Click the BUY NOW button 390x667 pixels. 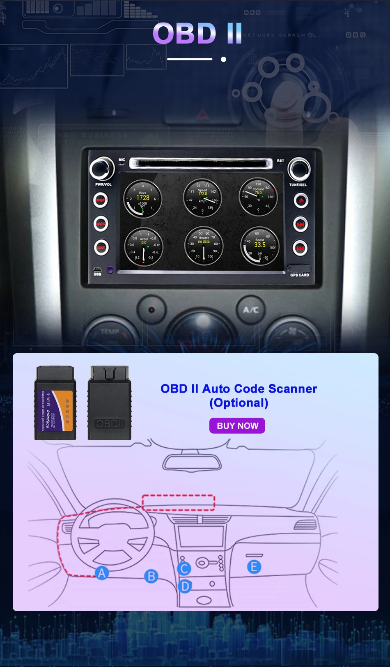[237, 425]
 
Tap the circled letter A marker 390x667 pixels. [102, 573]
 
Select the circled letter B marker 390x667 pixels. [151, 576]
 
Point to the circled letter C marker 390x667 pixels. [184, 568]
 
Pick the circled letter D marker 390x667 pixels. [185, 586]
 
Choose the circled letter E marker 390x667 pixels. [254, 567]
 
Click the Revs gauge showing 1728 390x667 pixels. [142, 199]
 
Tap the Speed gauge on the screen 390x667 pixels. [202, 198]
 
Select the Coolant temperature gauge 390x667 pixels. [258, 197]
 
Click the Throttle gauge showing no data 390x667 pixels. [204, 246]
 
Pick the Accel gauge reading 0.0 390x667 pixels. [143, 247]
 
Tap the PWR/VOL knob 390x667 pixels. [102, 168]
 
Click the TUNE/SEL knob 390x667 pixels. [298, 169]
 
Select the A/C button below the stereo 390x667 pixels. [251, 309]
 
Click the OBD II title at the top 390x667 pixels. [197, 34]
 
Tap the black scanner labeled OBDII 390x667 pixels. [109, 403]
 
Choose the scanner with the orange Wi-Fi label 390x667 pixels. [55, 403]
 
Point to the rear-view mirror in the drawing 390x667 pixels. [192, 462]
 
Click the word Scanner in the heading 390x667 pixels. [293, 389]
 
